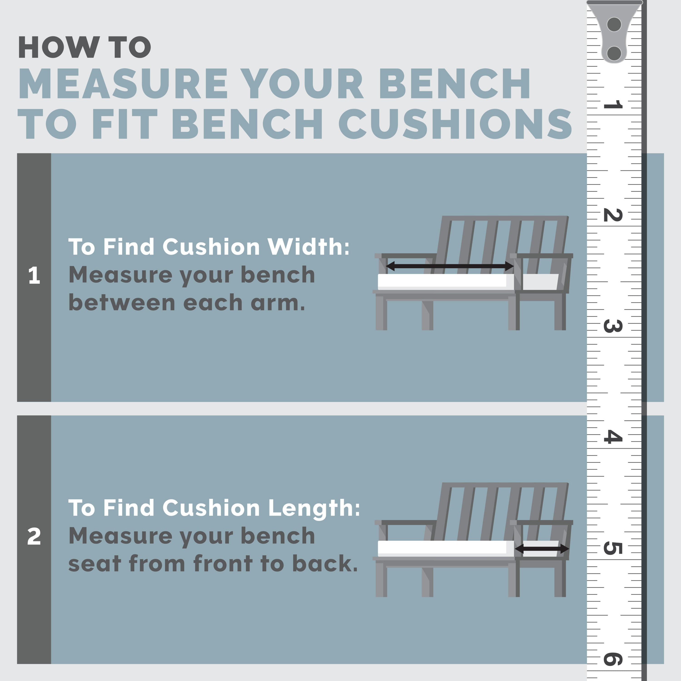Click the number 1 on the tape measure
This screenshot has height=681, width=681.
(x=613, y=104)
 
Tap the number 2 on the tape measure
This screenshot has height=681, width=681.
(x=613, y=215)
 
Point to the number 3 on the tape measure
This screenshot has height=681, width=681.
(x=613, y=326)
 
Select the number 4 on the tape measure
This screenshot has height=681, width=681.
(x=613, y=437)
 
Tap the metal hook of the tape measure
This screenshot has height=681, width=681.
(x=614, y=32)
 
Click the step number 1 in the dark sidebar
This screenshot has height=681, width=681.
(x=34, y=275)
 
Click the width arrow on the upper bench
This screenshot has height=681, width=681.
(x=450, y=266)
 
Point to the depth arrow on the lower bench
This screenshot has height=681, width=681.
(x=542, y=549)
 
